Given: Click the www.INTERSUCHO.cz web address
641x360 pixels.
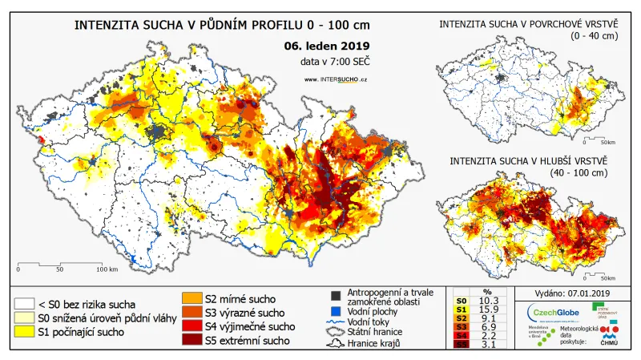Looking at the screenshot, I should pos(336,79).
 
